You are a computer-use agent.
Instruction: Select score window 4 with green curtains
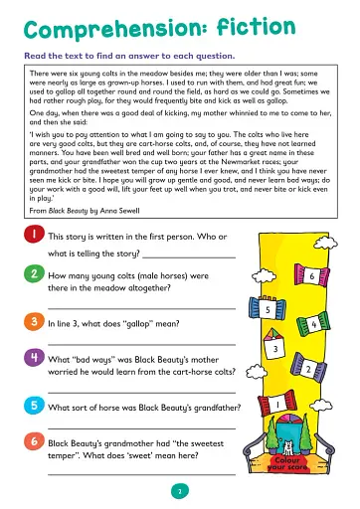[312, 324]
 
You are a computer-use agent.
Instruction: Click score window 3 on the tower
[272, 349]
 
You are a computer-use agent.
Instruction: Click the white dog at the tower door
[288, 448]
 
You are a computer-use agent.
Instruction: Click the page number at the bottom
[179, 490]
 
